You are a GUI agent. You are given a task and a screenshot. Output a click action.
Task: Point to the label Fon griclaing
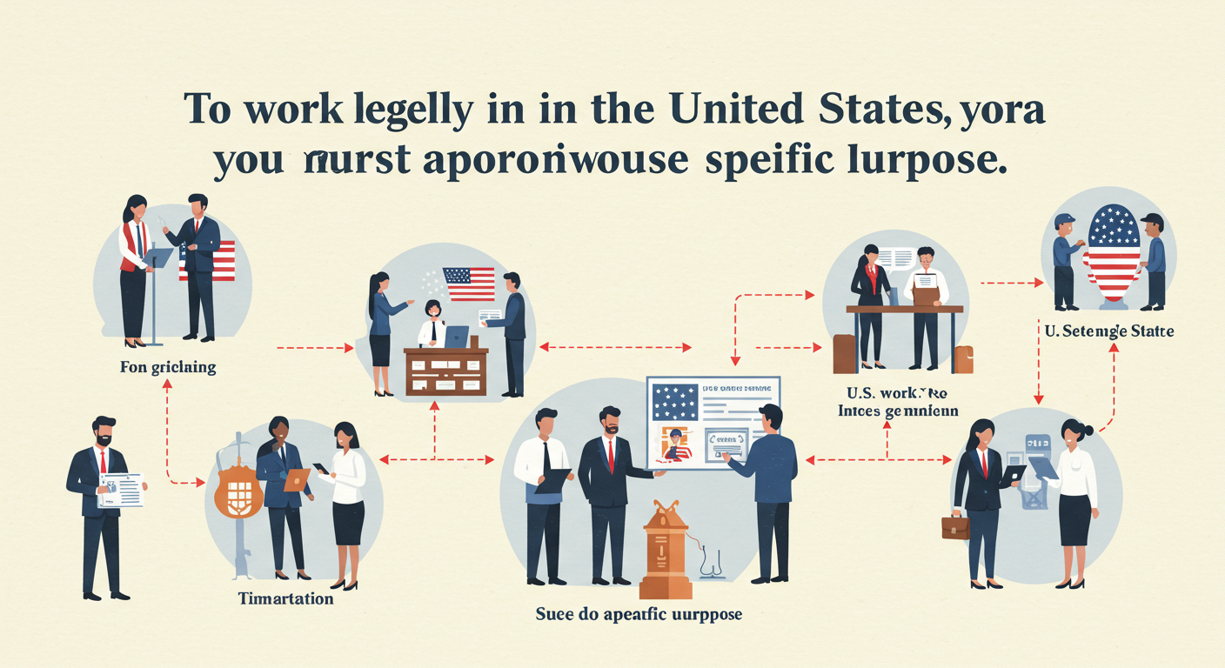[168, 368]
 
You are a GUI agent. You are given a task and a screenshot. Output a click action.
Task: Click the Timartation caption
[285, 599]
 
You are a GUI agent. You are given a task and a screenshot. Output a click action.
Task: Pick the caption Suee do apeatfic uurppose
[639, 614]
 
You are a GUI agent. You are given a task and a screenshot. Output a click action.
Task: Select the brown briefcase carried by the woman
[955, 526]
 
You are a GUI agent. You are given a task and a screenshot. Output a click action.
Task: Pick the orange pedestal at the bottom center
[665, 551]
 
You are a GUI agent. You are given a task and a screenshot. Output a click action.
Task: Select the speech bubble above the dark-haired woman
[896, 257]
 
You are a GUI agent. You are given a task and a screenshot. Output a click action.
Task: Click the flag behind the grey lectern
[209, 259]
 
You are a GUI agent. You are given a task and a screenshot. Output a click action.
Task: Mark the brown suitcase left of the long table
[844, 354]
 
